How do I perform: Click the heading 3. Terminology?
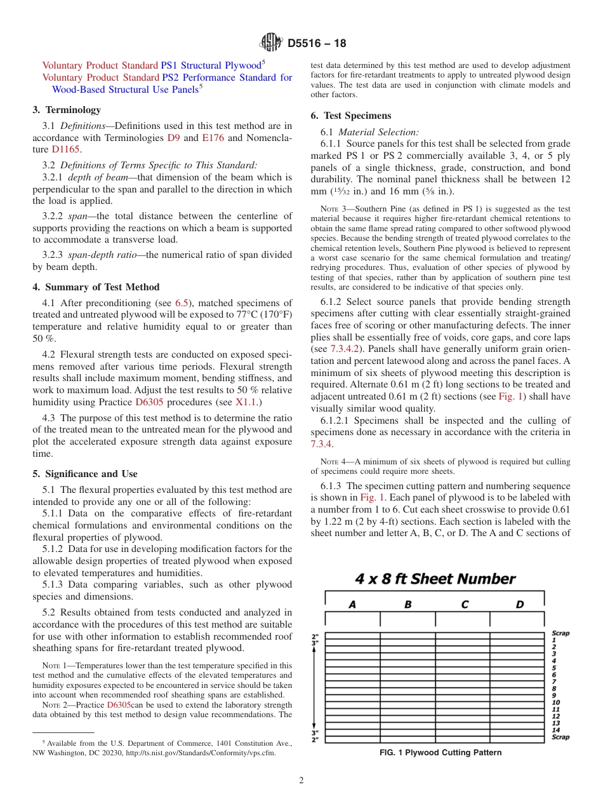tap(67, 110)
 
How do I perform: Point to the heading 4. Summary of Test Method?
tap(96, 287)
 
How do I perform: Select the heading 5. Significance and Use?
tap(85, 474)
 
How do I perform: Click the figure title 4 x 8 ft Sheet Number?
tap(435, 579)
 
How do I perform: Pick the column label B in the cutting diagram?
tap(408, 605)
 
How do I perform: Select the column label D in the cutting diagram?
tap(519, 605)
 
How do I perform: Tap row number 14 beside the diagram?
tap(555, 730)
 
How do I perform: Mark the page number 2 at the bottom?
tap(301, 781)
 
